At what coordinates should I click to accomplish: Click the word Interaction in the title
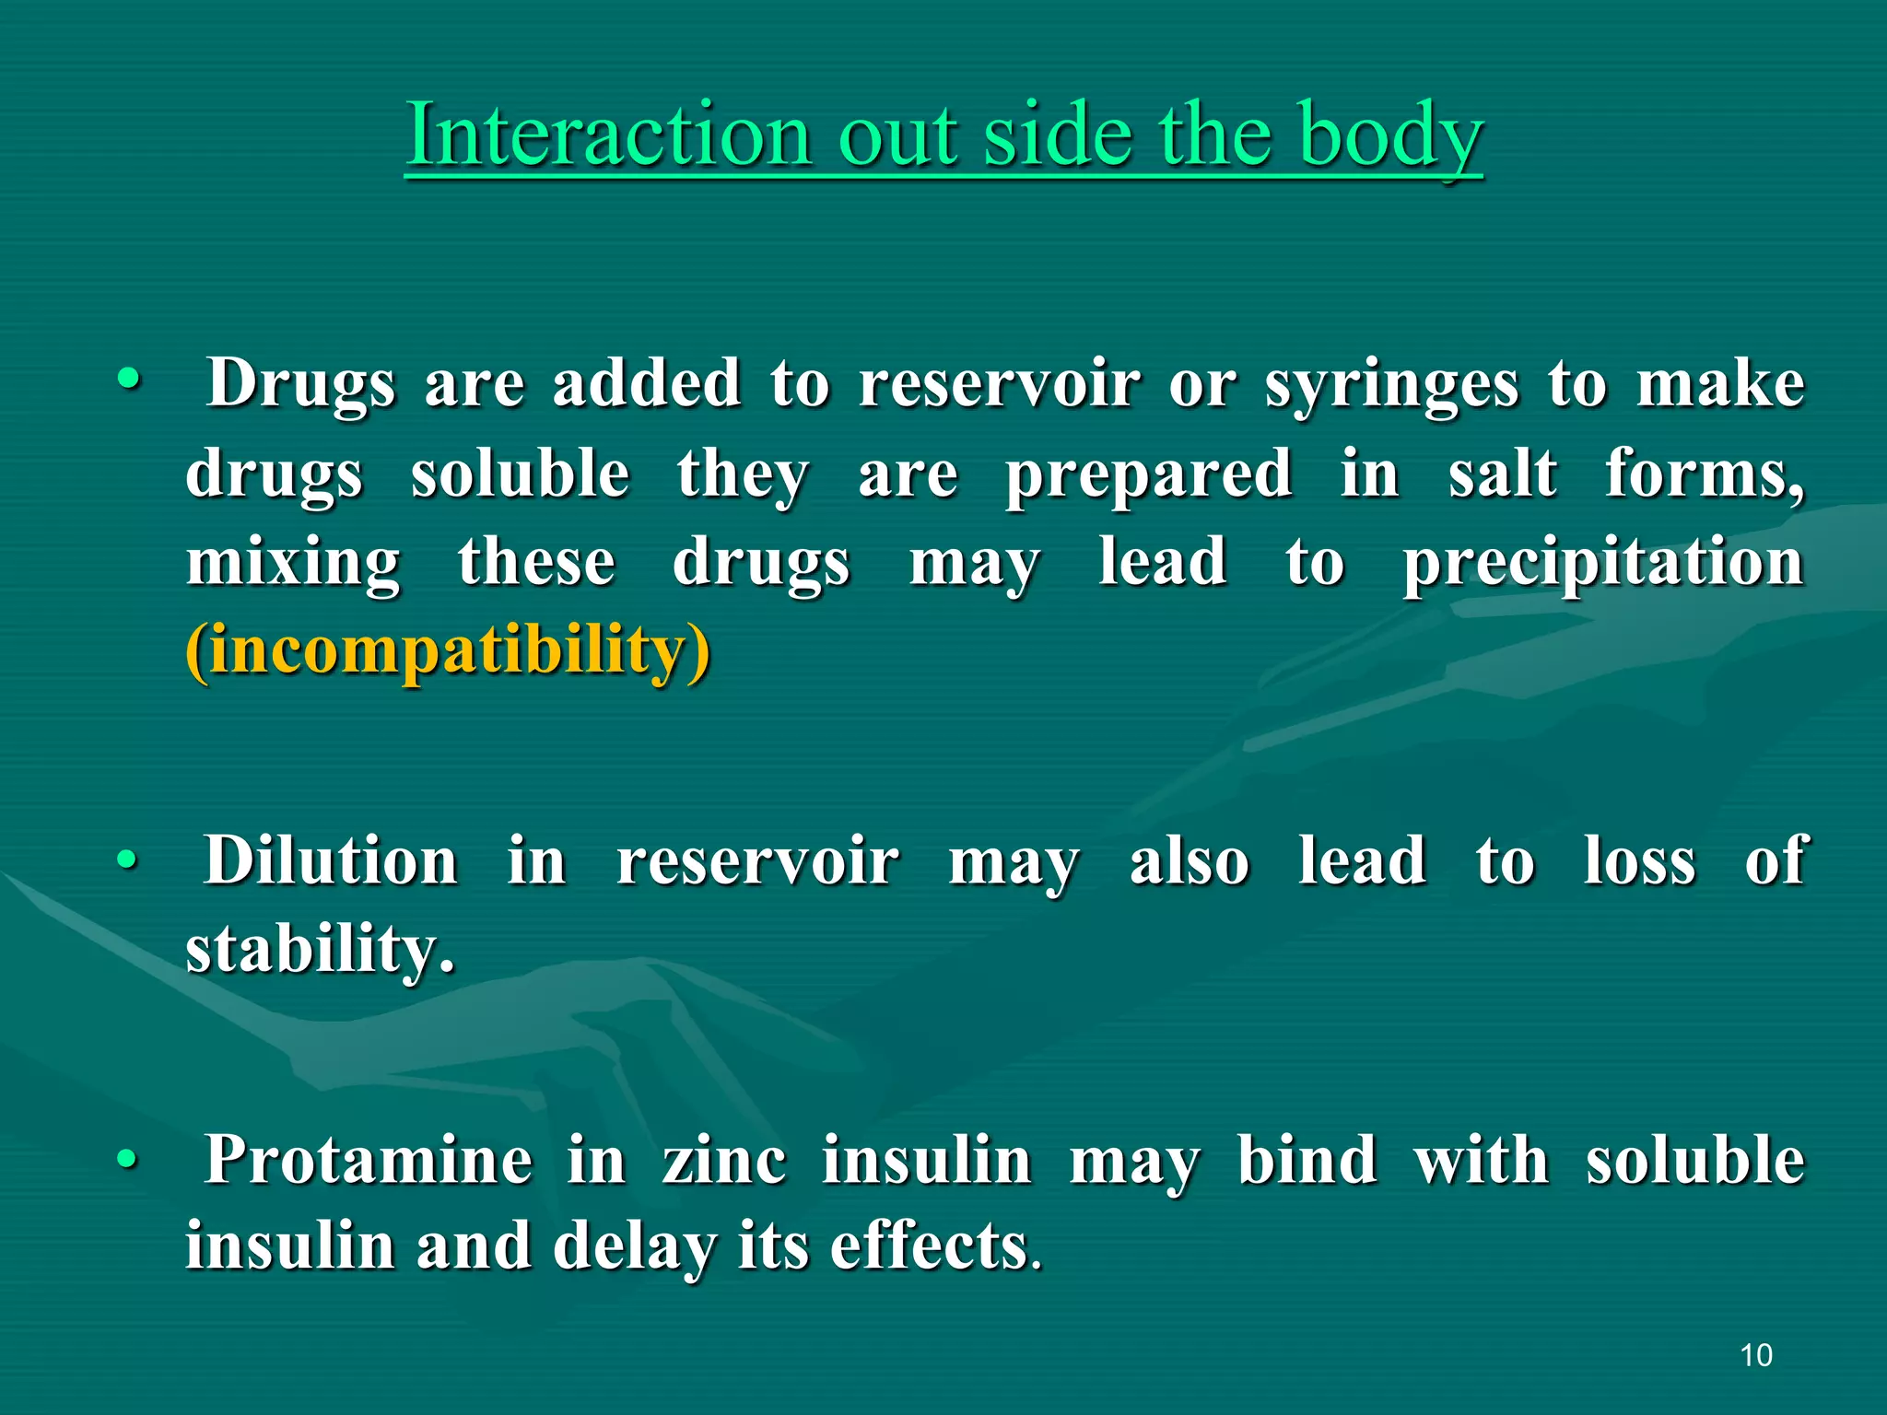pyautogui.click(x=607, y=134)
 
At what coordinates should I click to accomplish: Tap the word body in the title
pyautogui.click(x=1390, y=136)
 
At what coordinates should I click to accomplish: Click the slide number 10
pyautogui.click(x=1756, y=1355)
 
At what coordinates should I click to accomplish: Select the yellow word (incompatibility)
pyautogui.click(x=448, y=650)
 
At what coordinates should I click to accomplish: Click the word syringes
pyautogui.click(x=1390, y=385)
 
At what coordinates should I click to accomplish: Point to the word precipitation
pyautogui.click(x=1602, y=562)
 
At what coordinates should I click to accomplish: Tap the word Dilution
pyautogui.click(x=331, y=860)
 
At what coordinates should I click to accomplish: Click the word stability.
pyautogui.click(x=319, y=949)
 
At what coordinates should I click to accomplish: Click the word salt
pyautogui.click(x=1502, y=474)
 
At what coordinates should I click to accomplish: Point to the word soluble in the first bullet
pyautogui.click(x=520, y=474)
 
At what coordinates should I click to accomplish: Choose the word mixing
pyautogui.click(x=293, y=562)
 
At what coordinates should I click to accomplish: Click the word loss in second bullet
pyautogui.click(x=1639, y=860)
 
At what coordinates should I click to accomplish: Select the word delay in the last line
pyautogui.click(x=635, y=1245)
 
